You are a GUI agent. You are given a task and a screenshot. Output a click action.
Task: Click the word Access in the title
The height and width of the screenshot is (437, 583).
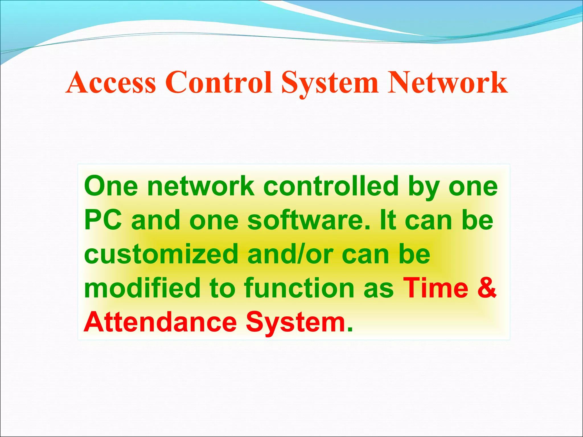[111, 83]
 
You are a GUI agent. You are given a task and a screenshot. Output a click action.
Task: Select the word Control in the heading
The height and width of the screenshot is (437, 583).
[218, 83]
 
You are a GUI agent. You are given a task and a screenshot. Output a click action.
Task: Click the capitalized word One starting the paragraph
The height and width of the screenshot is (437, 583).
[111, 186]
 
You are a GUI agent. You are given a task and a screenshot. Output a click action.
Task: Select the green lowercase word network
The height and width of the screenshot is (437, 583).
[201, 186]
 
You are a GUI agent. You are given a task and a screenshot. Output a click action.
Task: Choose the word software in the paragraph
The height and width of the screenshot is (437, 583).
[309, 220]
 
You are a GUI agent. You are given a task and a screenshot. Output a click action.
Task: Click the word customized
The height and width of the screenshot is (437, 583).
[161, 254]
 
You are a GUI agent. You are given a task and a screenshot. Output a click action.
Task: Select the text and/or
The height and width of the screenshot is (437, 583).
[290, 254]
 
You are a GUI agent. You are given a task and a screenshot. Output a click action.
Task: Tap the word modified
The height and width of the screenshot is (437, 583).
[142, 288]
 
